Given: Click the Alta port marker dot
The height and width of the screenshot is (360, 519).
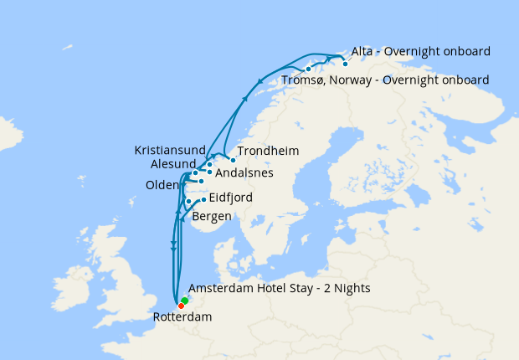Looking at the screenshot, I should [345, 63].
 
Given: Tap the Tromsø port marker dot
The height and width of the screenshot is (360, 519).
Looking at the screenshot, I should [309, 69].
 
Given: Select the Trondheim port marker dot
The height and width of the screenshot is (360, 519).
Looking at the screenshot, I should [233, 159].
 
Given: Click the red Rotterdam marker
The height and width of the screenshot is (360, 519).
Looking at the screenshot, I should [181, 305].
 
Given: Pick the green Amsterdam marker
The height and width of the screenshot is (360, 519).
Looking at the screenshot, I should [185, 300].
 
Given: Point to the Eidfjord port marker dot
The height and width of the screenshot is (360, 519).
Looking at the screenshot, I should [203, 199].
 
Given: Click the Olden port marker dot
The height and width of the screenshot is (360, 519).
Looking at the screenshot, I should [201, 181].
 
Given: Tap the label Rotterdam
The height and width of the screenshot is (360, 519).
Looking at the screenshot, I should [182, 317].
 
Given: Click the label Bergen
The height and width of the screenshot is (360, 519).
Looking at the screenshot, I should [212, 217].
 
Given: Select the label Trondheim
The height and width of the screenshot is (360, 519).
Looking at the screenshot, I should [268, 152].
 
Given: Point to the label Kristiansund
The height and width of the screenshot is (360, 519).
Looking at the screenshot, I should [171, 150].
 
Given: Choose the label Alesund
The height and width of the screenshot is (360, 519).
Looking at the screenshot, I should [173, 163].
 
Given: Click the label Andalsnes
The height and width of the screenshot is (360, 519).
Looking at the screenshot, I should [244, 173].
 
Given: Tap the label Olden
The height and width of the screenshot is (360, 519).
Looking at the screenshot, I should [162, 185].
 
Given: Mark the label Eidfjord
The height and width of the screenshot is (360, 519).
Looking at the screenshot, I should [230, 198].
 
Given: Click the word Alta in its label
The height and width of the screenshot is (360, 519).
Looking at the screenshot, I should [364, 52].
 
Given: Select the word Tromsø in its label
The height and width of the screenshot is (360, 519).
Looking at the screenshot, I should [302, 80].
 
